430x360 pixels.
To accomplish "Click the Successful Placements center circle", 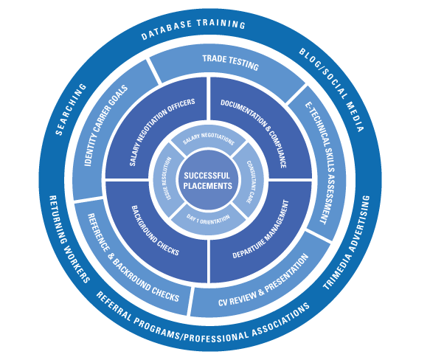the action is (208, 180).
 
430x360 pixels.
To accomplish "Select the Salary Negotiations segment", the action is (209, 138).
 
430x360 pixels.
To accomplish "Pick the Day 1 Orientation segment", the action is (209, 220).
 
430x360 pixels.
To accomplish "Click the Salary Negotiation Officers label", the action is (162, 131).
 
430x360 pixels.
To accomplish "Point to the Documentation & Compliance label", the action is (254, 134).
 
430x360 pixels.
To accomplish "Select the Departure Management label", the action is (260, 229).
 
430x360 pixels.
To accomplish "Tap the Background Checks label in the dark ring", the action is (155, 230).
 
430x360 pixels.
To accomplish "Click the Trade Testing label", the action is (231, 63).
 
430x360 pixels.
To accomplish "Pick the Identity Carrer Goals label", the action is (106, 125).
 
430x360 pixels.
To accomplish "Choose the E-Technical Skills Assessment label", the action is (320, 163).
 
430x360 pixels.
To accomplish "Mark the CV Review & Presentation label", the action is (263, 280).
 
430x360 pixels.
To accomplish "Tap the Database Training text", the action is (193, 30).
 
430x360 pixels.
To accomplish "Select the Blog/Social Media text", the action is (332, 90).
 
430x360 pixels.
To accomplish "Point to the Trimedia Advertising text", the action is (347, 243).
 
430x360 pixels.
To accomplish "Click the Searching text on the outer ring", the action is (71, 109).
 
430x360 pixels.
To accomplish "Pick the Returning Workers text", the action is (69, 239).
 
